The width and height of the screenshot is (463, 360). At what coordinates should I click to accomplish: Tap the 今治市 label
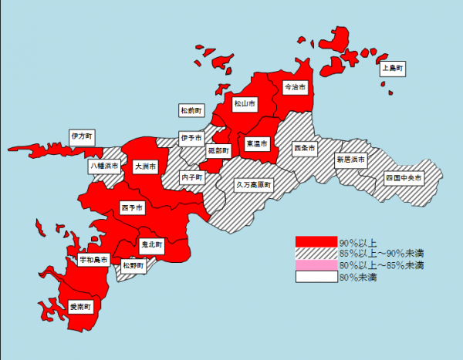click(x=295, y=87)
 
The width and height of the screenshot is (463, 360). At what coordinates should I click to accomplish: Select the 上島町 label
click(x=394, y=69)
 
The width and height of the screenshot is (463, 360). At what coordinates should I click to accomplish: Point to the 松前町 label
click(x=191, y=111)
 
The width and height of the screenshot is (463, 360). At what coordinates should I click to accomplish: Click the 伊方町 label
click(x=81, y=136)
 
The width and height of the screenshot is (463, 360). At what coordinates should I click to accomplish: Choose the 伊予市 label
click(x=191, y=138)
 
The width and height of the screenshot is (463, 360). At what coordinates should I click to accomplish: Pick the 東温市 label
click(x=256, y=143)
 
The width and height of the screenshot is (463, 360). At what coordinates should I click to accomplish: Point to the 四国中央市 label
click(x=404, y=177)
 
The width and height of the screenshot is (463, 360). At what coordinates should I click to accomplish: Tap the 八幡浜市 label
click(x=103, y=166)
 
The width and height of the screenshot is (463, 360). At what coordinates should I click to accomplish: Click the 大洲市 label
click(x=144, y=166)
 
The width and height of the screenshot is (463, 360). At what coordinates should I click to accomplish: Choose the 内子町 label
click(x=191, y=177)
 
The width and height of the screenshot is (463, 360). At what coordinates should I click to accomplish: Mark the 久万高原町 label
click(x=254, y=185)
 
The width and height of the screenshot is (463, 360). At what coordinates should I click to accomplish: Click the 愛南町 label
click(x=80, y=307)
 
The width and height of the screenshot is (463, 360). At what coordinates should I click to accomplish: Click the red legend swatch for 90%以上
click(x=316, y=241)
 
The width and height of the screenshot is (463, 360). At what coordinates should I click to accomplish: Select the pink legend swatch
click(x=316, y=265)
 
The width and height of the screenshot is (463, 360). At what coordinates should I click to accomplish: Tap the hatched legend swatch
click(x=316, y=253)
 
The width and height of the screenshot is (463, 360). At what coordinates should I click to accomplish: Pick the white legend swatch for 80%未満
click(x=316, y=277)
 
